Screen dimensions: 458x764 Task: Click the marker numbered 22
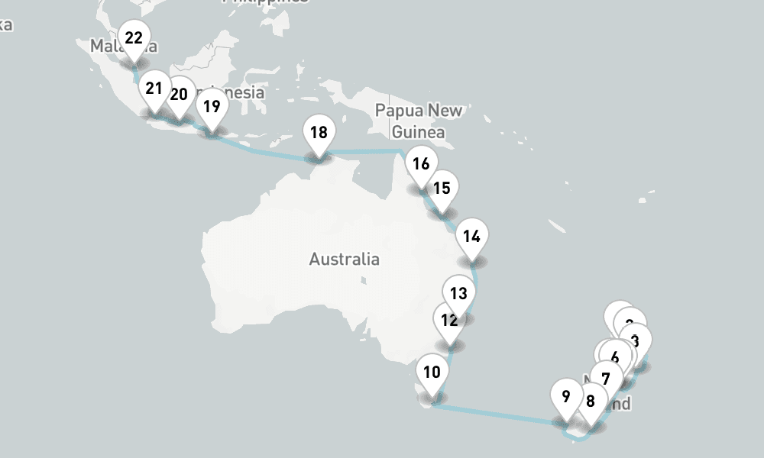pyautogui.click(x=134, y=39)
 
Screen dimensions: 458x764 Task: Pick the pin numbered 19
pyautogui.click(x=211, y=107)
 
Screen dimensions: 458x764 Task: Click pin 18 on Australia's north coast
pyautogui.click(x=319, y=133)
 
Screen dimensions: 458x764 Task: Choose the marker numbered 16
pyautogui.click(x=420, y=164)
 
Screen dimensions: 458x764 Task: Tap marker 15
pyautogui.click(x=442, y=189)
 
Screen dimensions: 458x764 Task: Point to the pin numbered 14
pyautogui.click(x=471, y=237)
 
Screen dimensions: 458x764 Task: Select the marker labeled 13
pyautogui.click(x=458, y=294)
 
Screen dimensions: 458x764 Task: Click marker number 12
pyautogui.click(x=449, y=321)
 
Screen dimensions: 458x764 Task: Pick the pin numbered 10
pyautogui.click(x=432, y=373)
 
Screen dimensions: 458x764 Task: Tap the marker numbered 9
pyautogui.click(x=565, y=397)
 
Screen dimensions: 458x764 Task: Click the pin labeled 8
pyautogui.click(x=591, y=401)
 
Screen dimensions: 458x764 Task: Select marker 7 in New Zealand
pyautogui.click(x=606, y=379)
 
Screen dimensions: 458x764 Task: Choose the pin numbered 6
pyautogui.click(x=615, y=356)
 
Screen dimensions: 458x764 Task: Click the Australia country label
pyautogui.click(x=344, y=259)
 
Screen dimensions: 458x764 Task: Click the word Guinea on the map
pyautogui.click(x=418, y=132)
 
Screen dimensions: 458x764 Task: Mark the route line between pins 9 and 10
pyautogui.click(x=497, y=413)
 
